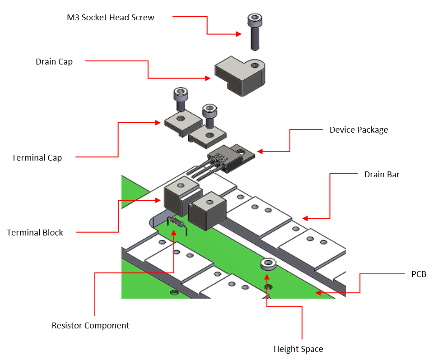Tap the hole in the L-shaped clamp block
256,65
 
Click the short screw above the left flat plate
180,99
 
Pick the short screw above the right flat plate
209,115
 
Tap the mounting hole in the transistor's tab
244,153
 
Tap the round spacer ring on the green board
267,264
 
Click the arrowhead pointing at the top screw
239,34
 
